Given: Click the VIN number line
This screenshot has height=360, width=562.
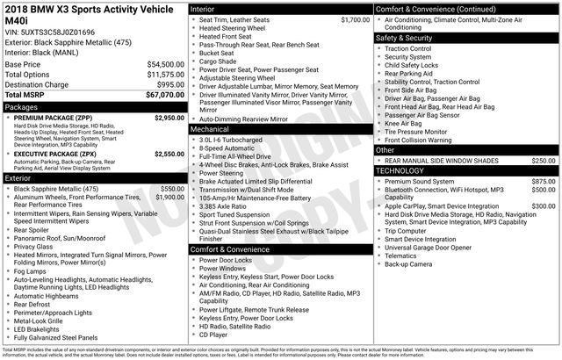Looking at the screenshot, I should tap(51, 32).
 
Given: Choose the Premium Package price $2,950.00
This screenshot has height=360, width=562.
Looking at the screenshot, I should tap(169, 117).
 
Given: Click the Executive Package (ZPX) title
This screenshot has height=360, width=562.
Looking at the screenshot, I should tap(58, 154).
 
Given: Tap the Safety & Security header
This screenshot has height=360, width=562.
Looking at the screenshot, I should tap(405, 39).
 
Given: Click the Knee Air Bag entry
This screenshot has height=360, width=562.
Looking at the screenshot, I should tap(403, 123).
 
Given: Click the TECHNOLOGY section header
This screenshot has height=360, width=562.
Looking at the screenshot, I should tap(400, 171).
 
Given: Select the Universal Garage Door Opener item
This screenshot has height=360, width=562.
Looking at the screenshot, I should tap(430, 246).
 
